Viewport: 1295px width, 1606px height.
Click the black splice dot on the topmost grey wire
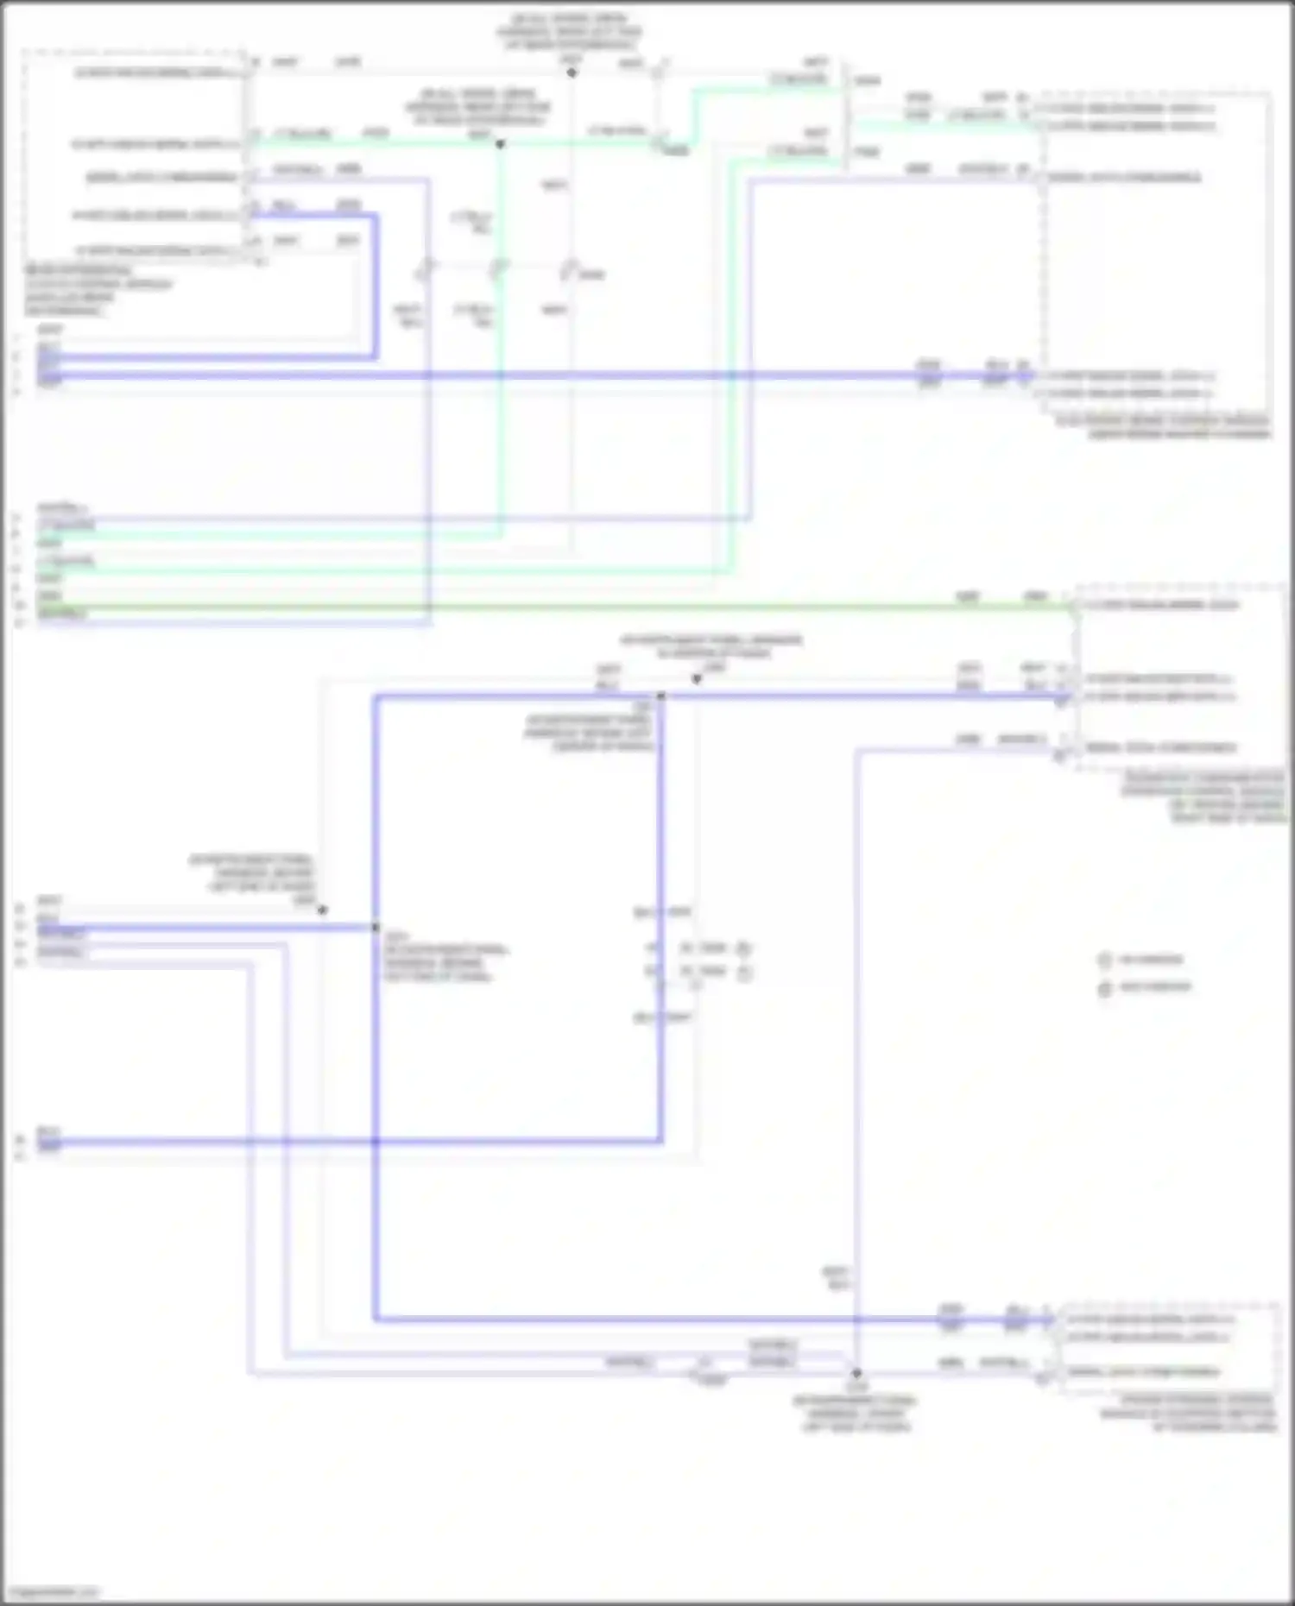(572, 72)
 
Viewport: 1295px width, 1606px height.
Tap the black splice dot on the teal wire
(500, 144)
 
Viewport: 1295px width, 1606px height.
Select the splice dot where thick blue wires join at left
(376, 928)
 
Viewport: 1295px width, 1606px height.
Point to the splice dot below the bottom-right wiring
(856, 1373)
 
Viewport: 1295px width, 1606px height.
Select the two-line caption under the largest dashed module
(1165, 427)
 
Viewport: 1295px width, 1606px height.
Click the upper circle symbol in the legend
(1104, 960)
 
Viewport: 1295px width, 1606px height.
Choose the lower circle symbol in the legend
(1104, 987)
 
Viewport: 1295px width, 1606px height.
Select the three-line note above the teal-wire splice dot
(477, 107)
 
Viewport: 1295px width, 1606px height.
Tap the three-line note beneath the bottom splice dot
(855, 1414)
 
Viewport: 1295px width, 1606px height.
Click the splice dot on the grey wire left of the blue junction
(322, 910)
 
